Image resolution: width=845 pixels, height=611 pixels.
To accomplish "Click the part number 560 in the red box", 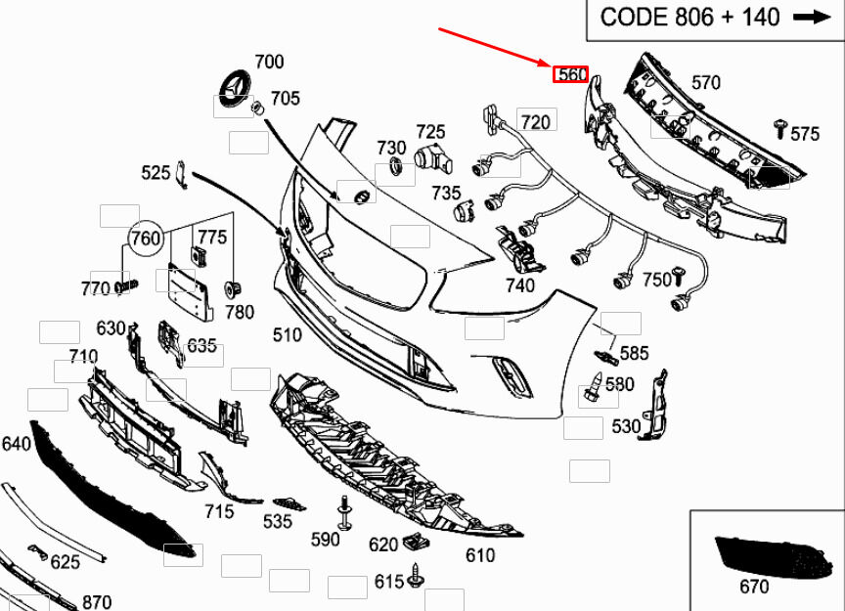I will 571,74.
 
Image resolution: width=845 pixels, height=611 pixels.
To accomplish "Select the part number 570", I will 706,83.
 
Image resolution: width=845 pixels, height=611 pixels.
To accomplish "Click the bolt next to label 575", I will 780,127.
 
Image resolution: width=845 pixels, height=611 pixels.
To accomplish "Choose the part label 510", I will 288,335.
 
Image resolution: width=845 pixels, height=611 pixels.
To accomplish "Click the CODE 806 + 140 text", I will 689,17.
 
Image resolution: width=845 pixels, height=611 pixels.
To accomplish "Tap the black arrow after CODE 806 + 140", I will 811,17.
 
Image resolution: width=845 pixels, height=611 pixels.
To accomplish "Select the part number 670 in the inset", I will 754,587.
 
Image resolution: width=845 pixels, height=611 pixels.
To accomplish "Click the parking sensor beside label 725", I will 427,156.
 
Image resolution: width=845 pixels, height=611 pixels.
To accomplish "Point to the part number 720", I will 535,122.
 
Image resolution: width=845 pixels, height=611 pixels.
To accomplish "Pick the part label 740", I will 520,285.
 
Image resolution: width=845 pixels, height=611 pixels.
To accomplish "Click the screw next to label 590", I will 345,510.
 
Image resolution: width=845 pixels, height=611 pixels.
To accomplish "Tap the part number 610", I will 480,556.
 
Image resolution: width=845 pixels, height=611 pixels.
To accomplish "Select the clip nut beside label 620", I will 414,542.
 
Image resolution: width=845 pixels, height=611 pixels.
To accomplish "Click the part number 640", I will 16,444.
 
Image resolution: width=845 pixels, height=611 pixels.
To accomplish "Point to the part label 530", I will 626,426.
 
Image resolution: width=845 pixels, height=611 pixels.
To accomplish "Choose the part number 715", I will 219,511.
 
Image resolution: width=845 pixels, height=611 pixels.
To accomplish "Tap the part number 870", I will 97,602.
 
